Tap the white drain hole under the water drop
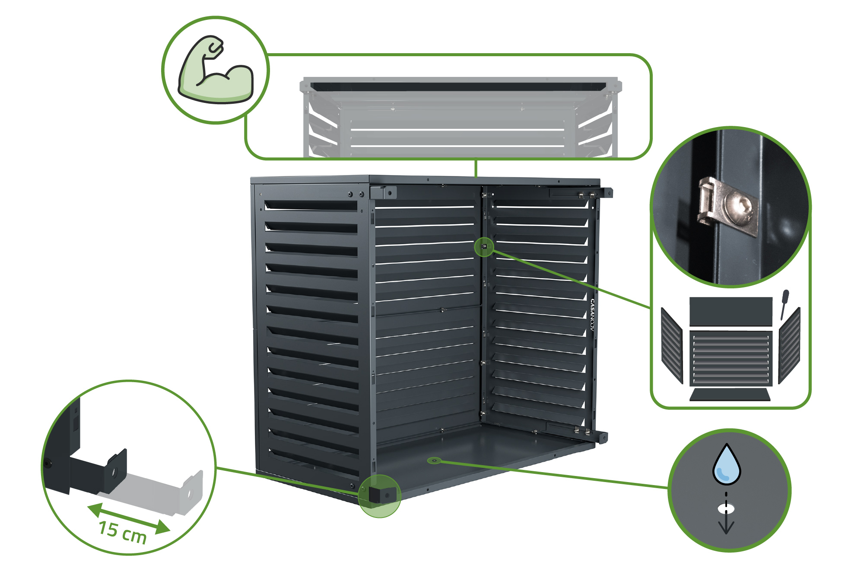point(726,509)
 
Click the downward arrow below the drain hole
point(726,525)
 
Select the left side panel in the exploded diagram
point(671,346)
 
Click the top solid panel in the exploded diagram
point(731,311)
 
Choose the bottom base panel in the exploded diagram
point(730,395)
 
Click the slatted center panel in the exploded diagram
point(731,358)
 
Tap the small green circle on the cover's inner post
point(484,247)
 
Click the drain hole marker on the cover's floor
point(434,460)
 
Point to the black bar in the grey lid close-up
point(458,86)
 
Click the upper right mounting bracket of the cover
point(605,192)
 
